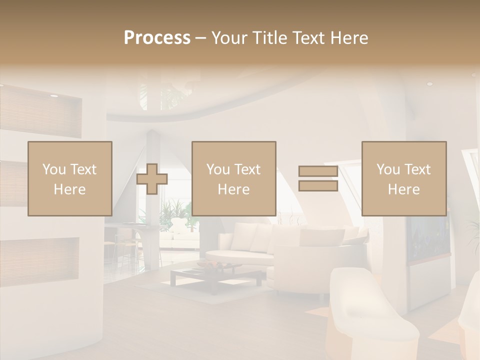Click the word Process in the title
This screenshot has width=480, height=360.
coord(157,37)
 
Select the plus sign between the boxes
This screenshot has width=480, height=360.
coord(152,179)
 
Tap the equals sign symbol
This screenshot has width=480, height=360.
coord(318,179)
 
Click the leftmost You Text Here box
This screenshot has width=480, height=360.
coord(70,178)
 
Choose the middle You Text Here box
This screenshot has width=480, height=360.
coord(234,178)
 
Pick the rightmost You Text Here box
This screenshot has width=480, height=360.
coord(404,178)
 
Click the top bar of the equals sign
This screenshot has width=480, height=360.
coord(318,171)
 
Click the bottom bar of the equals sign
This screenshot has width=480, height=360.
coord(318,186)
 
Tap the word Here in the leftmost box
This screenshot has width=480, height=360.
coord(69,189)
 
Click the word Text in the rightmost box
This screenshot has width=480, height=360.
coord(418,169)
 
